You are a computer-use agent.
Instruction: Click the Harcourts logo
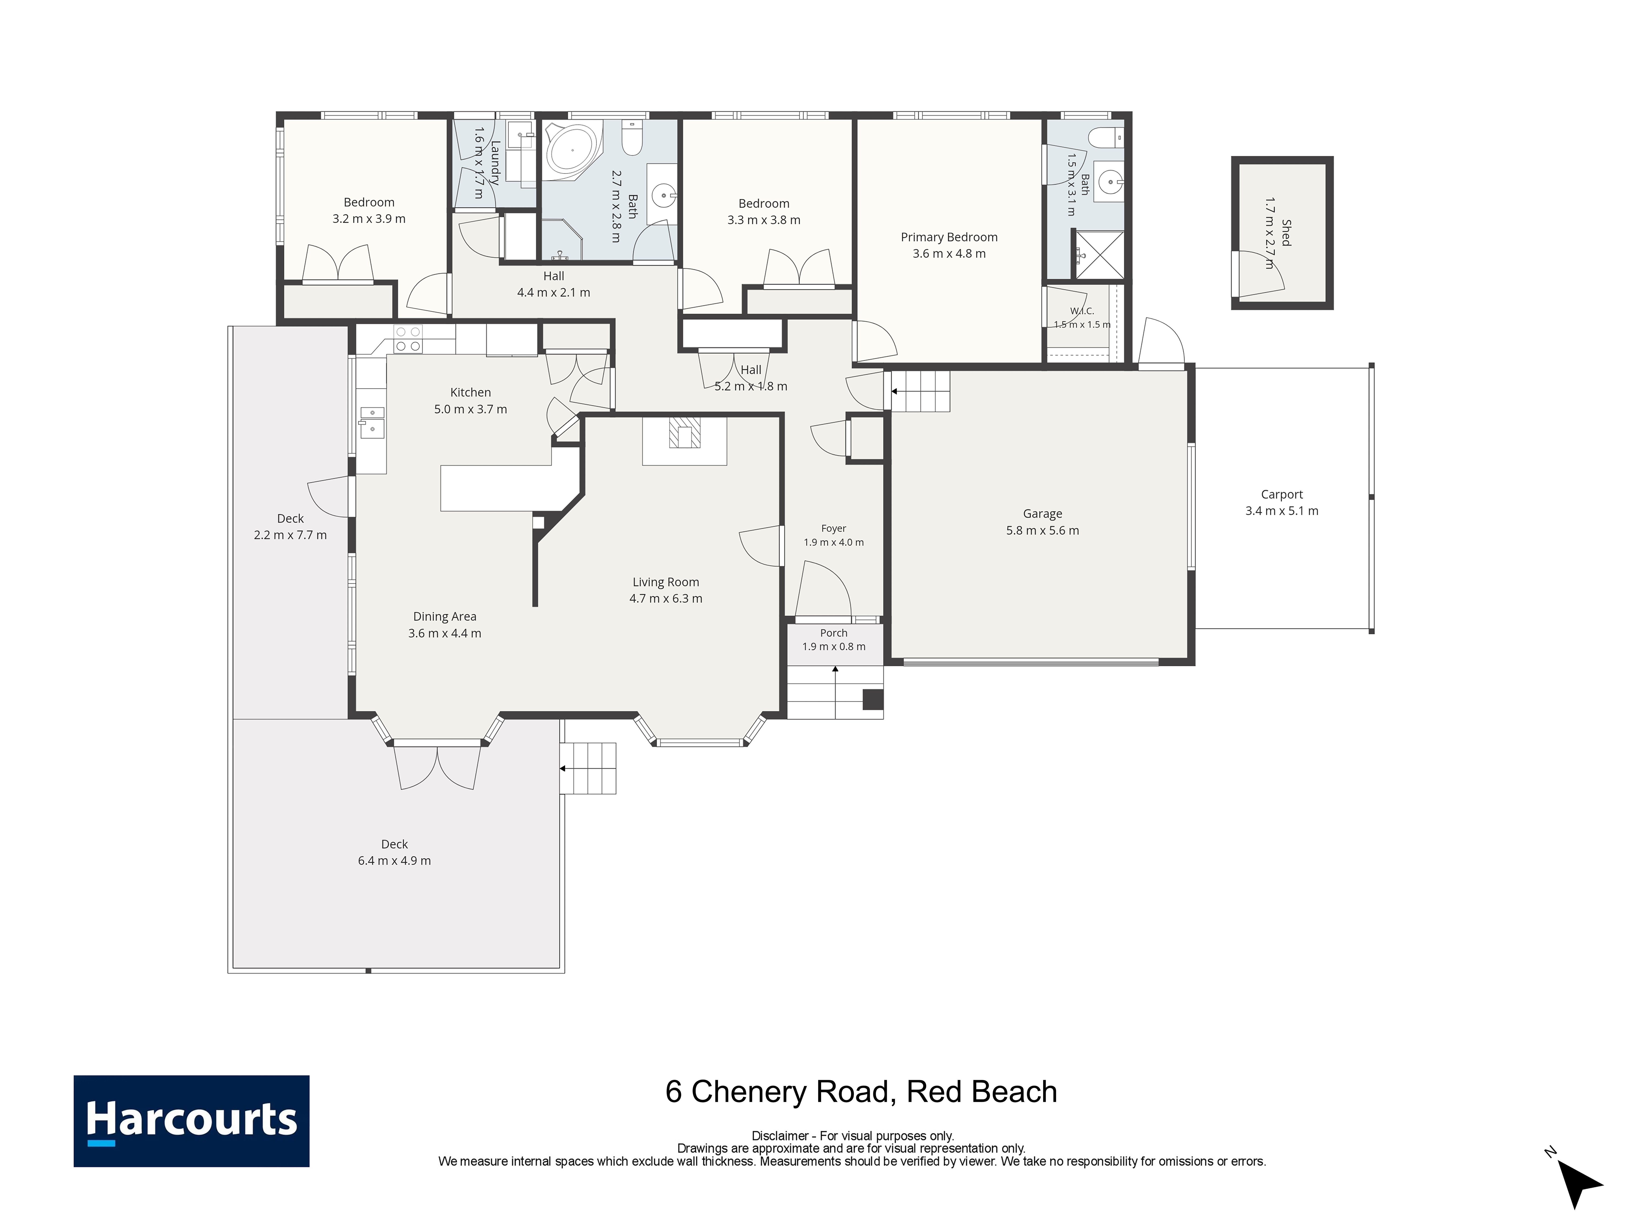point(191,1121)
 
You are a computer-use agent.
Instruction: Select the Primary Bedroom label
point(949,237)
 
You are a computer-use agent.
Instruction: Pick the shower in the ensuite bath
point(1099,255)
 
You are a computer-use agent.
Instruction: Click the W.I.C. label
point(1082,311)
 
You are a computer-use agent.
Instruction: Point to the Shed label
point(1286,233)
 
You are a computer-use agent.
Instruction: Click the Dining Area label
point(444,616)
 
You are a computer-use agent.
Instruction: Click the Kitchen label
point(470,393)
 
